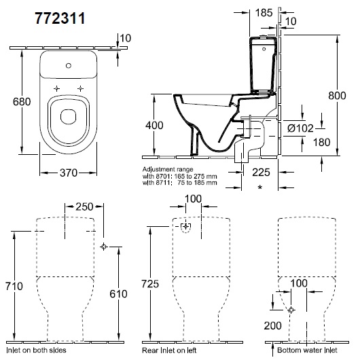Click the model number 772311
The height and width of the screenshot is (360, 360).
pyautogui.click(x=60, y=18)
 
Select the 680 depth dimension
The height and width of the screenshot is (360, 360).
pyautogui.click(x=22, y=102)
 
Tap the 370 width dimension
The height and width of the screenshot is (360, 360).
pyautogui.click(x=69, y=173)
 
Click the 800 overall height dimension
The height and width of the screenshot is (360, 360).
pyautogui.click(x=337, y=96)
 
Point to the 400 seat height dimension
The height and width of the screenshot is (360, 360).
pyautogui.click(x=154, y=126)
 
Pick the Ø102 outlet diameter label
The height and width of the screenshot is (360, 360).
pyautogui.click(x=300, y=128)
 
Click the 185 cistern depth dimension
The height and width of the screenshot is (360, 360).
pyautogui.click(x=264, y=13)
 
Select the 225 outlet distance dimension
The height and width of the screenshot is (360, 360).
pyautogui.click(x=261, y=173)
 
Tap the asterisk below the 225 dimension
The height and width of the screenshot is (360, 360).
pyautogui.click(x=260, y=187)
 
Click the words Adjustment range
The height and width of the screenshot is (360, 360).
pyautogui.click(x=168, y=169)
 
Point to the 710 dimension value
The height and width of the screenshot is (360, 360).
pyautogui.click(x=14, y=286)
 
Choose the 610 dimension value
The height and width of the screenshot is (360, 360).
pyautogui.click(x=118, y=294)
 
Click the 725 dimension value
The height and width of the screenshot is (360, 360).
pyautogui.click(x=150, y=284)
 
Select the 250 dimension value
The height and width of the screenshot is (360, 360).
pyautogui.click(x=84, y=206)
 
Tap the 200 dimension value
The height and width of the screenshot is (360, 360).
pyautogui.click(x=273, y=325)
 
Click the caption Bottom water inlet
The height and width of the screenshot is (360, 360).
pyautogui.click(x=307, y=350)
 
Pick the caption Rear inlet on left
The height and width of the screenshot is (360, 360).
pyautogui.click(x=169, y=350)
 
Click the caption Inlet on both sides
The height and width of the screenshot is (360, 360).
pyautogui.click(x=36, y=350)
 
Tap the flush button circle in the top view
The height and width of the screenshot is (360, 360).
pyautogui.click(x=69, y=66)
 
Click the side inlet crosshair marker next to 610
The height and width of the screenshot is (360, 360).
pyautogui.click(x=104, y=247)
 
